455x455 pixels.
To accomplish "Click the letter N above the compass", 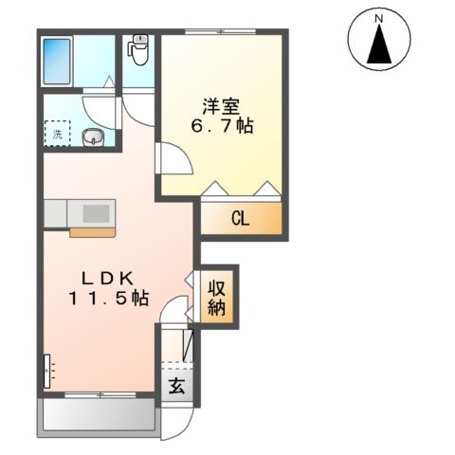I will [377, 18].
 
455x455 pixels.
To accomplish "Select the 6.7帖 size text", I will [225, 126].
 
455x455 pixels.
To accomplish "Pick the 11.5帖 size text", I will [107, 298].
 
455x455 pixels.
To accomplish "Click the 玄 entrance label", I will [176, 386].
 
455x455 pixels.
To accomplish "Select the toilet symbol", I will [139, 49].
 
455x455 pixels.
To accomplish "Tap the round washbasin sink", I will [93, 138].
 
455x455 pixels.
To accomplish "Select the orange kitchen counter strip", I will [92, 230].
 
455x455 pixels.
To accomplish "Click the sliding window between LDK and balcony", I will [99, 392].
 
